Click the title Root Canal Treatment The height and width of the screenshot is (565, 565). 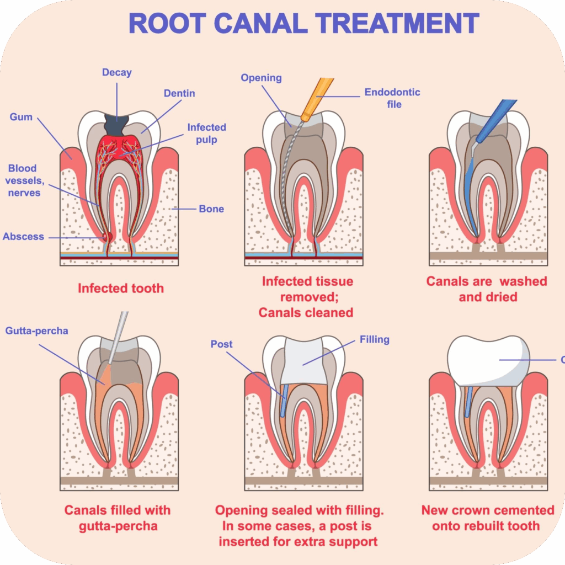303,24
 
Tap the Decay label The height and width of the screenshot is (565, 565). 117,72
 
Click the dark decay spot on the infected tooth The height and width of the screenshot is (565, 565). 118,122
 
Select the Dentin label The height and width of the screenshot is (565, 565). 179,93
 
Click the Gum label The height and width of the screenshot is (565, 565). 21,117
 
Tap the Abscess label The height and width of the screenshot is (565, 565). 23,237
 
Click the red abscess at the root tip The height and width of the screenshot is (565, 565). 107,237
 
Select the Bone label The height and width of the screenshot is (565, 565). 211,209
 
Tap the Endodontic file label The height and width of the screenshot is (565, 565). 392,98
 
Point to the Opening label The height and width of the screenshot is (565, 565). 261,78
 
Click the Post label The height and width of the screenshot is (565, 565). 222,344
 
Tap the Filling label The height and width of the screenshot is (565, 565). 375,339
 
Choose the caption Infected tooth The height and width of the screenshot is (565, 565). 121,288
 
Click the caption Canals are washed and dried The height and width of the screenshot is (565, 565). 487,289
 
